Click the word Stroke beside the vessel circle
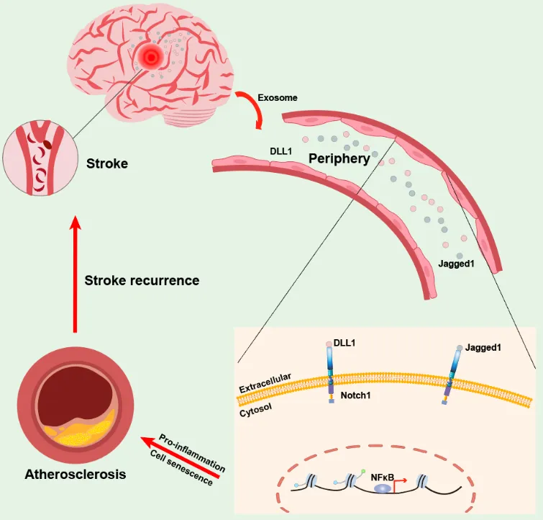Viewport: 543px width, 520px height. (107, 163)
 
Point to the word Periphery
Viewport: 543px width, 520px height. (339, 158)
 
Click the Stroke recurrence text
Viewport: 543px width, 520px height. (142, 280)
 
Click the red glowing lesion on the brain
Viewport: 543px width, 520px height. (151, 55)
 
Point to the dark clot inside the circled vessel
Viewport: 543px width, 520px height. (46, 143)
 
